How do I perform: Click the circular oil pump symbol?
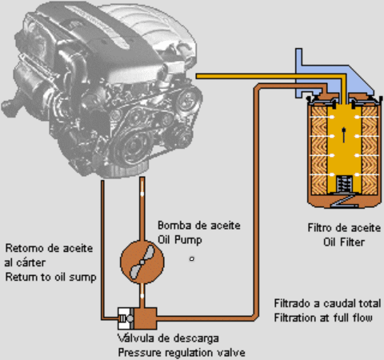[142, 262]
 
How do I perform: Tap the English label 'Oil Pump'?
[180, 240]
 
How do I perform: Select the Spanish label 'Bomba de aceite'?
[199, 226]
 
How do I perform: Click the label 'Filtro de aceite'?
[344, 228]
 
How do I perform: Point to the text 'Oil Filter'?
[344, 242]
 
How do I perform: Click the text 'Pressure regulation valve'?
[182, 353]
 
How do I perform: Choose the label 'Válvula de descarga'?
[168, 338]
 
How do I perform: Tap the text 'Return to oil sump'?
[50, 277]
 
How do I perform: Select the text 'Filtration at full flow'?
[323, 318]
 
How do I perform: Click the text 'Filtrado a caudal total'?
[327, 303]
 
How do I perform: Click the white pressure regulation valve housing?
[126, 318]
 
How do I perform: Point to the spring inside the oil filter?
[344, 183]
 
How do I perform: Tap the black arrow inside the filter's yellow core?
[344, 135]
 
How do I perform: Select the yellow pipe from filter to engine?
[270, 76]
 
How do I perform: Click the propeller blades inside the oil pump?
[142, 262]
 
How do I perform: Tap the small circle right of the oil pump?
[192, 258]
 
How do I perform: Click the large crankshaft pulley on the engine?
[133, 146]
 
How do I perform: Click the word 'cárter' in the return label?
[30, 262]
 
